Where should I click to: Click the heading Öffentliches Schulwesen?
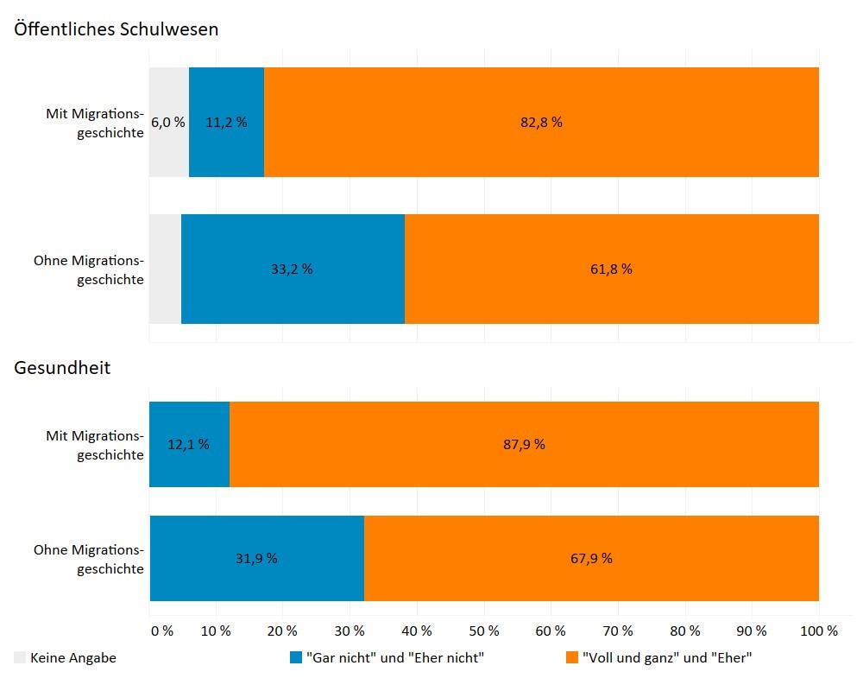(116, 29)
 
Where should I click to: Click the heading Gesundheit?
(62, 368)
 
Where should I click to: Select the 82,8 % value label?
(541, 123)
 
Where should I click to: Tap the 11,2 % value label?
(226, 123)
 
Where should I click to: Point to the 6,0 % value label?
(167, 123)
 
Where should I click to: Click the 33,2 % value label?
(292, 269)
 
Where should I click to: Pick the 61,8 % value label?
(611, 269)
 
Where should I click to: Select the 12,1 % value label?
(188, 445)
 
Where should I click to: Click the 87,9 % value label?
(524, 445)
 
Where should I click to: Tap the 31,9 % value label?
(256, 559)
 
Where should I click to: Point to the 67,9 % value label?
(591, 559)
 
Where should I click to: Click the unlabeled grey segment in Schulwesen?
(165, 269)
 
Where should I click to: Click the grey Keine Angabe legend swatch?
(20, 658)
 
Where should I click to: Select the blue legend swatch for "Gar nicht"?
(296, 658)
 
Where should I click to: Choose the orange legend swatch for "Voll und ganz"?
(571, 658)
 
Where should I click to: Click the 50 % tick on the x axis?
(484, 631)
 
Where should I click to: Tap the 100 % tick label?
(818, 631)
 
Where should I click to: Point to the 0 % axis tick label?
(161, 631)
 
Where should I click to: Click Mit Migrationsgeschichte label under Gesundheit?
(94, 445)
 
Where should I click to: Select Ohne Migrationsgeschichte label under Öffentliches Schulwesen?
(88, 269)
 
